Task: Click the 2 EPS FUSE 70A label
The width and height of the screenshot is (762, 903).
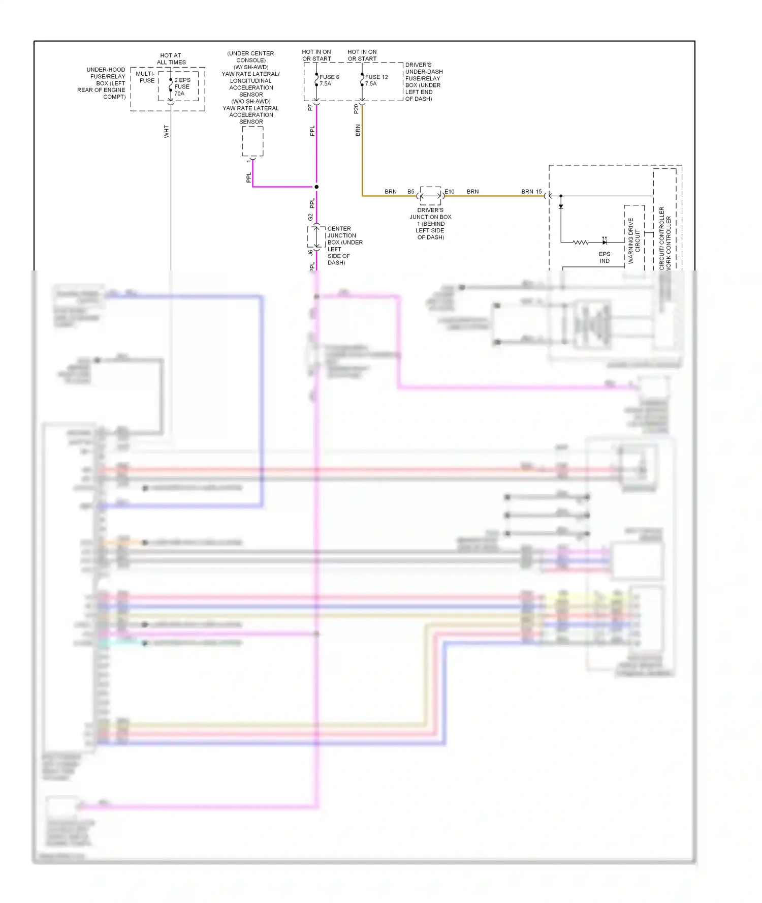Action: click(x=182, y=86)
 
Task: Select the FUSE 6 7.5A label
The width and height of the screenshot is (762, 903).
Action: click(x=329, y=80)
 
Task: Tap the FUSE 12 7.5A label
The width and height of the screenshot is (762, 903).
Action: click(x=376, y=80)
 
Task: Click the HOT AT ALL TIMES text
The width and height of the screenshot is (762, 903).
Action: click(x=171, y=59)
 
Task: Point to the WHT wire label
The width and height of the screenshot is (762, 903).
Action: click(x=166, y=132)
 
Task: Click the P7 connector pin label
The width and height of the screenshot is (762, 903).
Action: click(x=310, y=108)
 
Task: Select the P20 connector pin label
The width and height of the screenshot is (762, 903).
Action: click(x=356, y=108)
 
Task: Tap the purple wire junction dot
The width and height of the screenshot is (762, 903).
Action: click(x=316, y=187)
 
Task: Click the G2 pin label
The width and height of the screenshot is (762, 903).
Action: click(x=310, y=217)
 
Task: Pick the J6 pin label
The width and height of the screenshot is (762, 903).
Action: click(x=310, y=252)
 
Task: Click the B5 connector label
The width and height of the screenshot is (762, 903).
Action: click(x=410, y=192)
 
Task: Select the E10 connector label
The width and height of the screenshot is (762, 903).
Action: click(x=450, y=192)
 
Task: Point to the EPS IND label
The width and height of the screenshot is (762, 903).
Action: click(x=605, y=257)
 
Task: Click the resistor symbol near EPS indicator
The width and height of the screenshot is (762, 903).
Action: click(x=581, y=243)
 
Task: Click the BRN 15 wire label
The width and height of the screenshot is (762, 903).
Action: click(x=531, y=192)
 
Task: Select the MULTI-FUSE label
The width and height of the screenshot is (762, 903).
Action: click(x=146, y=77)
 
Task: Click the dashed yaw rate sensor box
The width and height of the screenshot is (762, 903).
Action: click(x=252, y=141)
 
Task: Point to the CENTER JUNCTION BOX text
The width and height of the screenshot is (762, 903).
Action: click(x=344, y=246)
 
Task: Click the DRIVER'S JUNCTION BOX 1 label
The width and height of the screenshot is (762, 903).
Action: click(x=430, y=224)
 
